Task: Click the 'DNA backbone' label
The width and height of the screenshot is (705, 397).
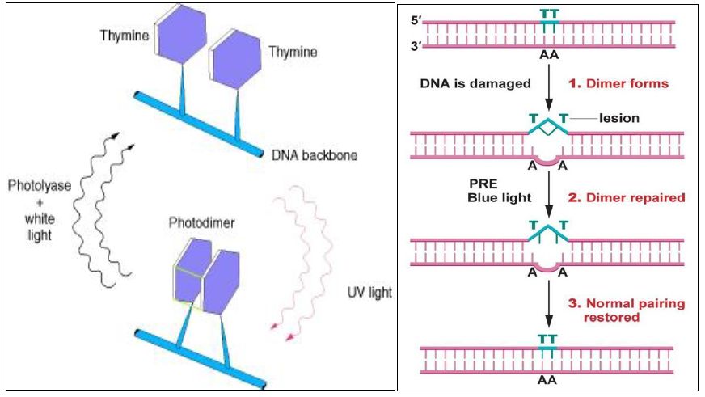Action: pos(314,154)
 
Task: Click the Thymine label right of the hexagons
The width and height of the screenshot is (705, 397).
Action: pos(293,52)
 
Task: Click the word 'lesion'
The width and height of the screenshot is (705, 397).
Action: pos(619,118)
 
